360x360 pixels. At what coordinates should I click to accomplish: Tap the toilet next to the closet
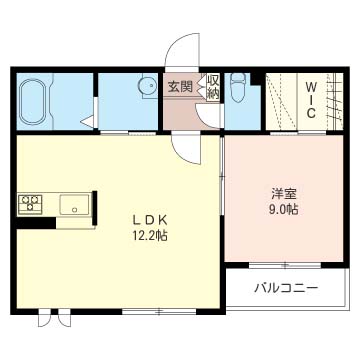click(x=235, y=92)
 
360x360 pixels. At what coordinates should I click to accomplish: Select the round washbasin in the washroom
click(x=147, y=86)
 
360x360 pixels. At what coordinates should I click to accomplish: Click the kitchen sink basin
click(x=74, y=205)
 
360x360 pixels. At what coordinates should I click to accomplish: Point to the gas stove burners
click(x=30, y=204)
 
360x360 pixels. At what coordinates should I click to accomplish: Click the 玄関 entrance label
click(x=181, y=86)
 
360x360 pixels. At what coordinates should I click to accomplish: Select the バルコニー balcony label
click(x=286, y=289)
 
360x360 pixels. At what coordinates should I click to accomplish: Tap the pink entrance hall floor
click(x=183, y=112)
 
